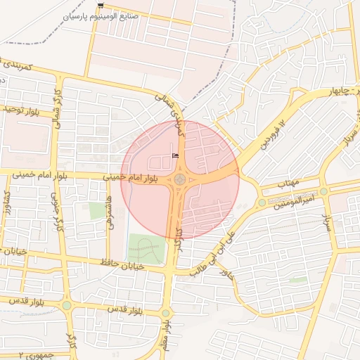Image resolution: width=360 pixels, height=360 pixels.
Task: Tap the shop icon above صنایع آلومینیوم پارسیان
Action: tap(103, 5)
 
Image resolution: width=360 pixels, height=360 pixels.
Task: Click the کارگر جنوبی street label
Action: tap(56, 207)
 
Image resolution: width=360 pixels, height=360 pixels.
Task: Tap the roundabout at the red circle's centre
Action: tap(180, 179)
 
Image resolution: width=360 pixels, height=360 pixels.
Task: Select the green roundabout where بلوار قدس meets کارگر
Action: tap(67, 306)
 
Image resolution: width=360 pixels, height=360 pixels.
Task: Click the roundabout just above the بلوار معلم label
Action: tap(165, 313)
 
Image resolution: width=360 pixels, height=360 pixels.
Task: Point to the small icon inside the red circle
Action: tap(175, 155)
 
